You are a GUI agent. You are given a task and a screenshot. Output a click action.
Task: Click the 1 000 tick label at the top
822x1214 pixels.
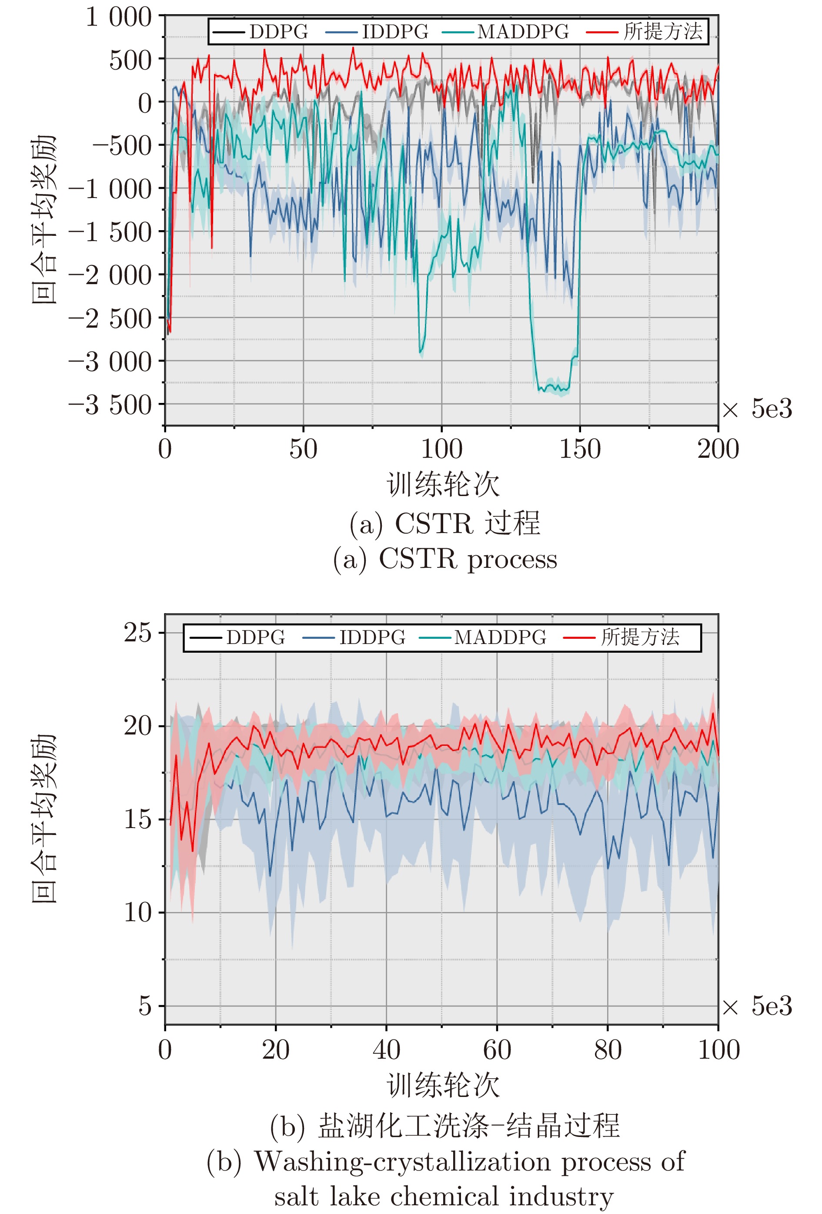tap(119, 17)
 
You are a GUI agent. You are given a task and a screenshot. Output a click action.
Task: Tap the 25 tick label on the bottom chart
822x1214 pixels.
tap(137, 633)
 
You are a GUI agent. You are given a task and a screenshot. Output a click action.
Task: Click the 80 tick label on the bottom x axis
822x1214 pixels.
tap(607, 1050)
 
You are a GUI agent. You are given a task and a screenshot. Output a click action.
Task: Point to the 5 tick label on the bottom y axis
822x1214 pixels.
tap(145, 1006)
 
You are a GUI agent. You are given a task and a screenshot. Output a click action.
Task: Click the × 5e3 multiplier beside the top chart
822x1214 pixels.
tap(757, 409)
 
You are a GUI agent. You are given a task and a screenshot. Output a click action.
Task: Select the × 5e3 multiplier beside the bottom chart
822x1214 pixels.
tap(757, 1006)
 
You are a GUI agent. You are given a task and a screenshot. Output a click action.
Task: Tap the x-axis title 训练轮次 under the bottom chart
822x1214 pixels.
tap(443, 1086)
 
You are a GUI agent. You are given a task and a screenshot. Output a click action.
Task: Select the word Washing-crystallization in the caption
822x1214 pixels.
tap(402, 1162)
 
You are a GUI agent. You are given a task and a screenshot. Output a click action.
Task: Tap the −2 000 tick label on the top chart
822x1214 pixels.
tap(110, 275)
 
